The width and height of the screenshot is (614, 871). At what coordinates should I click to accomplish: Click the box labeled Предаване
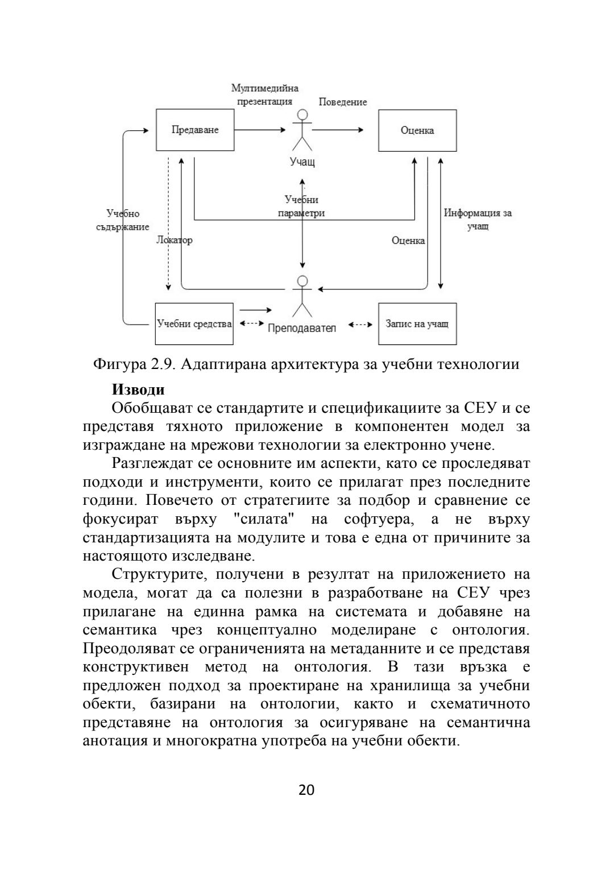pyautogui.click(x=195, y=130)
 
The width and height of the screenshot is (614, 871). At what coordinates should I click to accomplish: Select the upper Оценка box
pyautogui.click(x=417, y=131)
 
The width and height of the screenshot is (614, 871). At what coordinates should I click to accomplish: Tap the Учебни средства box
pyautogui.click(x=194, y=324)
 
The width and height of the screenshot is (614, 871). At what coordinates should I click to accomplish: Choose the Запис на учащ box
pyautogui.click(x=417, y=324)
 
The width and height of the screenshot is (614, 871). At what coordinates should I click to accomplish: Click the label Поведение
pyautogui.click(x=342, y=102)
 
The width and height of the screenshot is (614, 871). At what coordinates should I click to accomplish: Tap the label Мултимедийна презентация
pyautogui.click(x=264, y=95)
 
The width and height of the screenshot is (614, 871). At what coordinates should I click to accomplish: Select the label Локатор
pyautogui.click(x=174, y=240)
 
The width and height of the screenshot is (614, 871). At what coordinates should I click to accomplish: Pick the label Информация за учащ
pyautogui.click(x=478, y=219)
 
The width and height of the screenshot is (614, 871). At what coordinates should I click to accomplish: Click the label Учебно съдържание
pyautogui.click(x=123, y=220)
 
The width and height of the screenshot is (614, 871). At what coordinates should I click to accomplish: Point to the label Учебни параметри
pyautogui.click(x=301, y=206)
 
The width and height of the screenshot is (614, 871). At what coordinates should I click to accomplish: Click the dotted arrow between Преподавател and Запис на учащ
pyautogui.click(x=360, y=325)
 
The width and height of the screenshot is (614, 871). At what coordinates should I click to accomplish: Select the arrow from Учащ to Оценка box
pyautogui.click(x=338, y=130)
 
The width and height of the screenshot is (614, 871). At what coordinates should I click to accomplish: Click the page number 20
pyautogui.click(x=306, y=790)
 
